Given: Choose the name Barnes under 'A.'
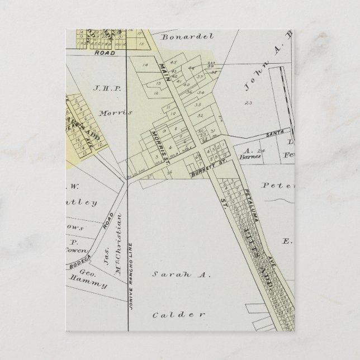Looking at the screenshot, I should (244, 157).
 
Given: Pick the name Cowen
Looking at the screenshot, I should (80, 250).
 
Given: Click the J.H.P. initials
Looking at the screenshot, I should (107, 88).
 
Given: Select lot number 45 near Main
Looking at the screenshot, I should (174, 62).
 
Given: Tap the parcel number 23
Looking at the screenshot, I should (249, 103).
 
